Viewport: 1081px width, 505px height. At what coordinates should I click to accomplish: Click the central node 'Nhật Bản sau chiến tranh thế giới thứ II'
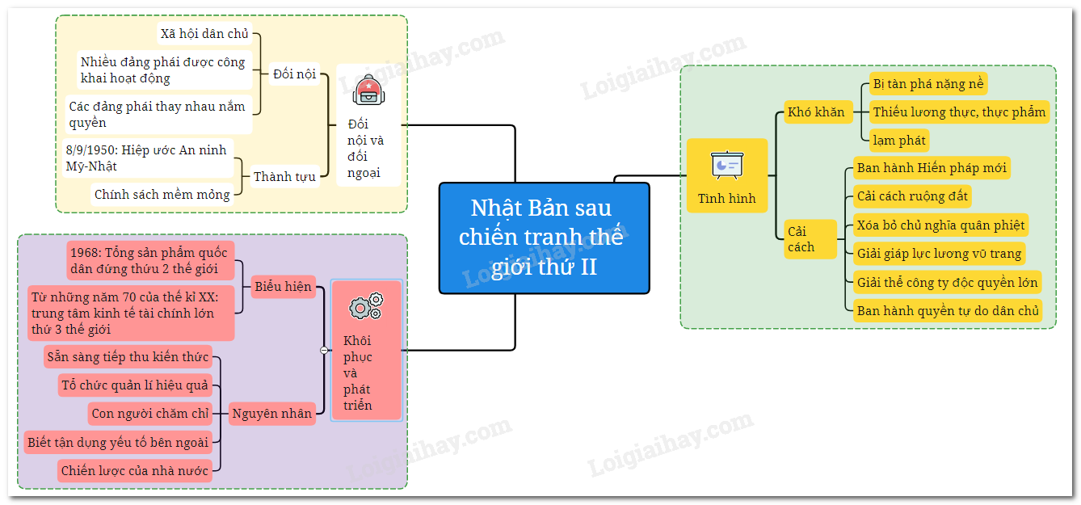tap(544, 238)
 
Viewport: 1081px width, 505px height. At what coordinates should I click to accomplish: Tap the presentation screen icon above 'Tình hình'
tap(726, 165)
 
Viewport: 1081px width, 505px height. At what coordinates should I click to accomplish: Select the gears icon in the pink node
tap(366, 307)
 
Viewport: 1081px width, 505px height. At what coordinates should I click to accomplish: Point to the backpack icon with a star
tap(368, 89)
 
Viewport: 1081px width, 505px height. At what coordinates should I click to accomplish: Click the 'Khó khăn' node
tap(815, 112)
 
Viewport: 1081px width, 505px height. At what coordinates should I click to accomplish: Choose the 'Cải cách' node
tap(801, 239)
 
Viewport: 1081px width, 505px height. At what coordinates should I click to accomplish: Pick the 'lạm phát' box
tap(898, 140)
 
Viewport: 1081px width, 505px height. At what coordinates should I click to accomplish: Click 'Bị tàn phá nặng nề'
tap(927, 84)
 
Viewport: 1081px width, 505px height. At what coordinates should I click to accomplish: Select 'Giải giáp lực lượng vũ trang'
tap(939, 253)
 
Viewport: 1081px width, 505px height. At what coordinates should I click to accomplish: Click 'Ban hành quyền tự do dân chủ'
tap(948, 310)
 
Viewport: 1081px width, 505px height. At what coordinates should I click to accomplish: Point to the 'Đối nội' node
tap(294, 74)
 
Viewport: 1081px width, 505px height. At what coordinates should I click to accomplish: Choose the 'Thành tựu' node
tap(284, 176)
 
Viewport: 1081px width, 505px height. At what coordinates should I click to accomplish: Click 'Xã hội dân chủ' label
tap(204, 34)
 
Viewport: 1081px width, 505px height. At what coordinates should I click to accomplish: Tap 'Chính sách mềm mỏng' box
tap(162, 194)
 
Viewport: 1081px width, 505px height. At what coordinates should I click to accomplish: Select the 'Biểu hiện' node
tap(283, 286)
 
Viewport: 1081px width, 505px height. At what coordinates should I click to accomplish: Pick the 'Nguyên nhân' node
tap(271, 414)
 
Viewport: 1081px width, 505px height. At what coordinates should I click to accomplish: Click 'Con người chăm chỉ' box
tap(150, 414)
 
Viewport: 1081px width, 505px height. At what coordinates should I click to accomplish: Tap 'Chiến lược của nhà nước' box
tap(134, 470)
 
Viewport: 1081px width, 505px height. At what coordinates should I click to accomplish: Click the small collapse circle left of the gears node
tap(324, 350)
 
